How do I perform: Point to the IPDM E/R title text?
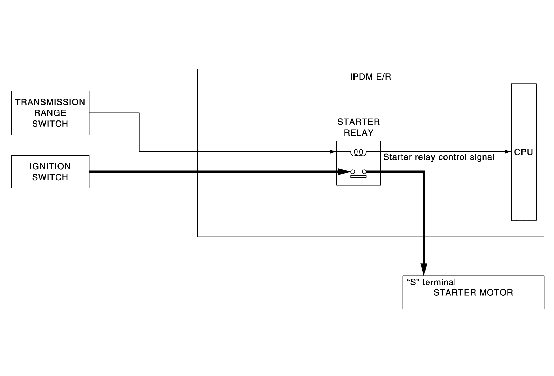370,77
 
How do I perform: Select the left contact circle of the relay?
353,172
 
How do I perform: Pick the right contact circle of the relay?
364,172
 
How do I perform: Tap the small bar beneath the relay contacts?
358,177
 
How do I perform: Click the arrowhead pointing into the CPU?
508,152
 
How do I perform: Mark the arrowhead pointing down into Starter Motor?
424,270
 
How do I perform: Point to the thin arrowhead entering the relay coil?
333,152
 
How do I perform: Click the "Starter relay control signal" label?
439,157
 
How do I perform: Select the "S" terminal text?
431,282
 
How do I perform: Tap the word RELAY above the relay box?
359,133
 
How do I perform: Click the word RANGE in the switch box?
50,113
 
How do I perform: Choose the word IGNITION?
50,166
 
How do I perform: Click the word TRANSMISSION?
50,102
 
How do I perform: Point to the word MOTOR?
496,292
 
